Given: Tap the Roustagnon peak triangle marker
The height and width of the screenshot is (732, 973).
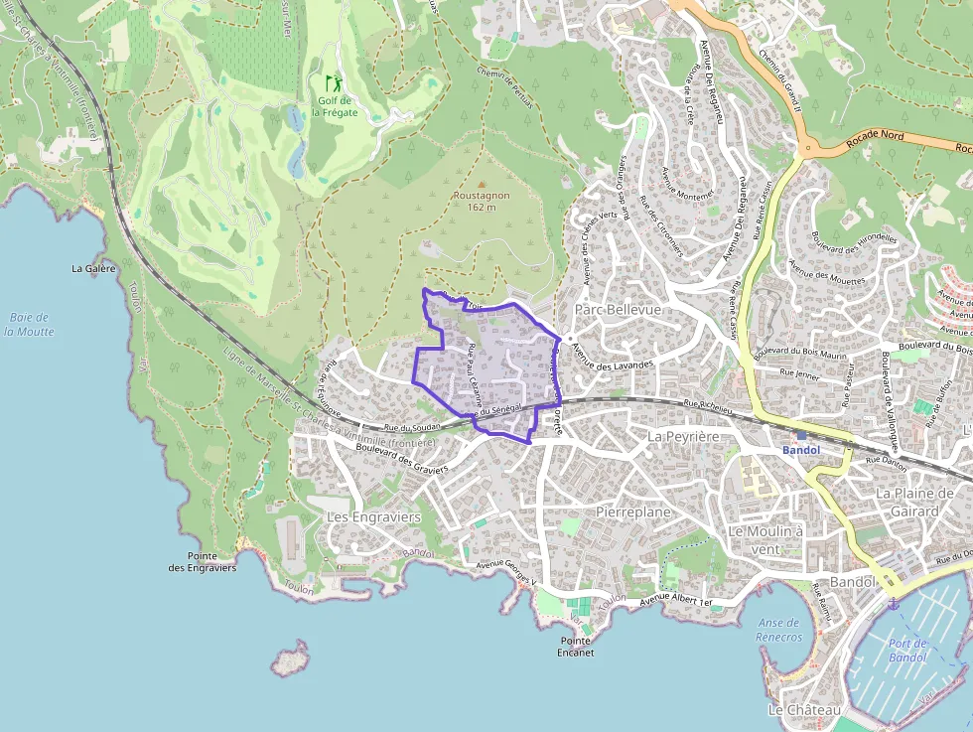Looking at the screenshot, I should click(x=482, y=184).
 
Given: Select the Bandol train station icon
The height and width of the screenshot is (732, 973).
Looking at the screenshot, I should click(x=801, y=436).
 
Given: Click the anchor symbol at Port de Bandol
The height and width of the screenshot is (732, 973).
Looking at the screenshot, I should click(x=892, y=603).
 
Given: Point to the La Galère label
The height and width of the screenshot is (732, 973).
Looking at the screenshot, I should click(x=94, y=268).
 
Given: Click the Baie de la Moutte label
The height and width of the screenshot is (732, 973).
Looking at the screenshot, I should click(x=29, y=325).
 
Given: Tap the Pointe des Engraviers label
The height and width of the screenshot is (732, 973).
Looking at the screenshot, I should click(x=203, y=562).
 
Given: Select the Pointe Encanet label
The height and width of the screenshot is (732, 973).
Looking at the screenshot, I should click(x=575, y=647).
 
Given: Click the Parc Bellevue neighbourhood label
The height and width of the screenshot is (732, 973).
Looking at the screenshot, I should click(x=618, y=310).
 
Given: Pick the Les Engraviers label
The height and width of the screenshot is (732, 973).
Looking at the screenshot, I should click(x=374, y=517).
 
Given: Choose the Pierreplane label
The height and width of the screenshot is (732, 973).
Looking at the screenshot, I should click(x=633, y=512).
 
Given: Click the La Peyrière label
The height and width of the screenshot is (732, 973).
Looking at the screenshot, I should click(x=682, y=436).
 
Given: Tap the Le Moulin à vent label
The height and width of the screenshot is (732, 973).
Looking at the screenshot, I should click(x=765, y=539).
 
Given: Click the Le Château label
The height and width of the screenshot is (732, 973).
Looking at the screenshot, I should click(x=804, y=710).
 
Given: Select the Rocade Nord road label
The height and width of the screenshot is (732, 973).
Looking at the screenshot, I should click(x=875, y=138).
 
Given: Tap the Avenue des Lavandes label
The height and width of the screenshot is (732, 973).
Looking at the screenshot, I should click(x=614, y=367).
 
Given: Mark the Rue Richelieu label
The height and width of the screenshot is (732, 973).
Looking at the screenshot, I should click(x=708, y=404).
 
